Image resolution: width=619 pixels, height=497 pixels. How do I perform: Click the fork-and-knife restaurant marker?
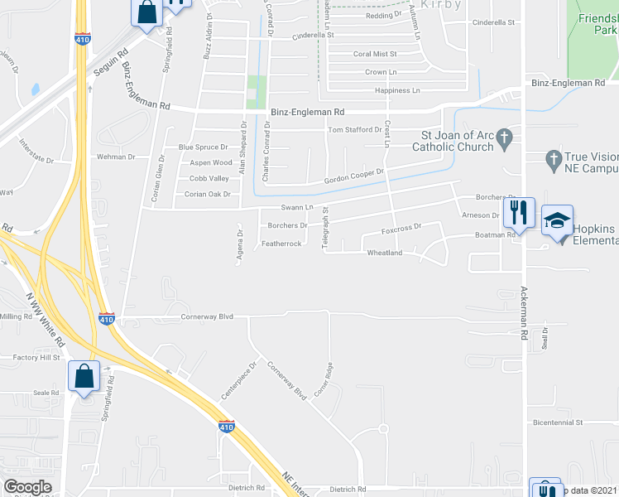click(x=519, y=212)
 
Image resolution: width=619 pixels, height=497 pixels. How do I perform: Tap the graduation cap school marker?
click(x=557, y=220)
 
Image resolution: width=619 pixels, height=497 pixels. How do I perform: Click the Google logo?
click(x=27, y=487)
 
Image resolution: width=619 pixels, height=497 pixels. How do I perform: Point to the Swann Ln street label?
click(x=297, y=207)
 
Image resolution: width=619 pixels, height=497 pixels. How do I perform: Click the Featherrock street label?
click(x=282, y=244)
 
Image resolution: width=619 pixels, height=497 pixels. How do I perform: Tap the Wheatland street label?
click(x=384, y=253)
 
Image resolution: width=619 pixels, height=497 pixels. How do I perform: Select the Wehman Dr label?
click(x=116, y=157)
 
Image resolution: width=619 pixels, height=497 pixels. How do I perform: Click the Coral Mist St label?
click(x=375, y=54)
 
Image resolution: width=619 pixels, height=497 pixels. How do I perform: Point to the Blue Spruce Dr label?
click(x=203, y=147)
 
